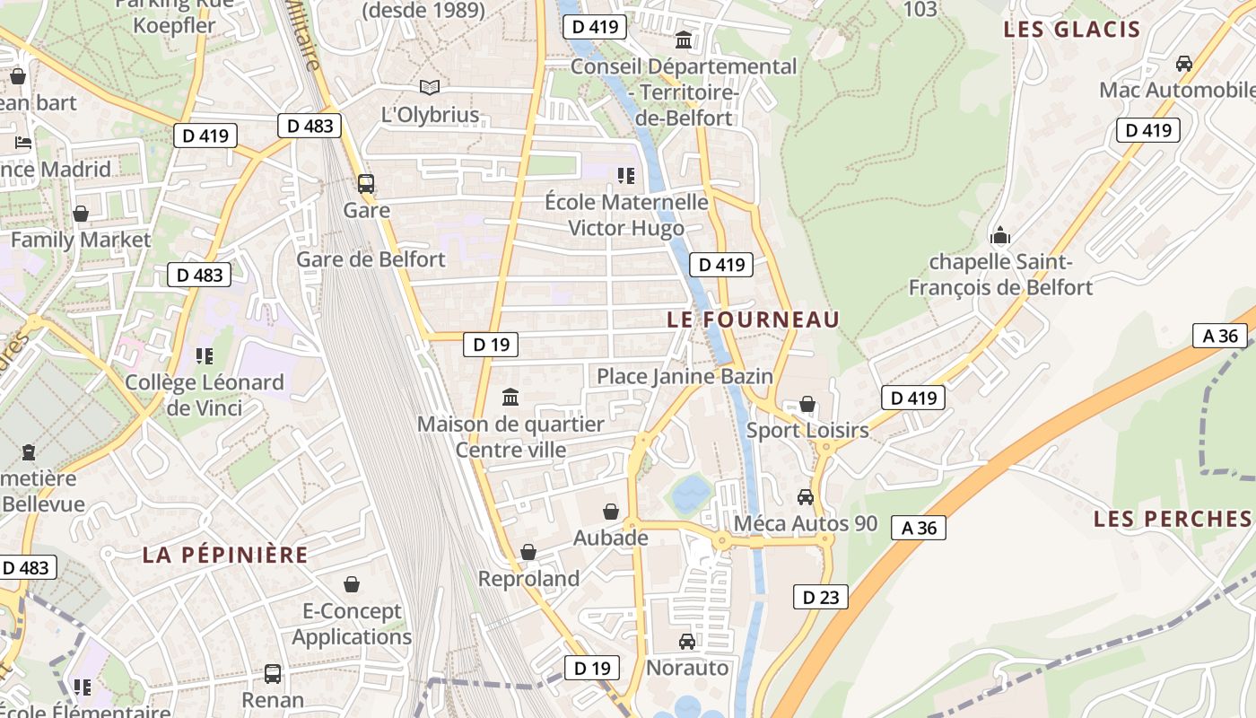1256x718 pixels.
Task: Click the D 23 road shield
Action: point(820,597)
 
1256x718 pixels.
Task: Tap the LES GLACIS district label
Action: point(1071,30)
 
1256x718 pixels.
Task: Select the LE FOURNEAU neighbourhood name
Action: point(754,320)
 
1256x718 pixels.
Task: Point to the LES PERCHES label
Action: point(1172,519)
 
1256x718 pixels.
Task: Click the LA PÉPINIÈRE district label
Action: point(225,555)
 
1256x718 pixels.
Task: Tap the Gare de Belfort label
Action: point(371,260)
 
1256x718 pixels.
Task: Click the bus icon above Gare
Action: point(366,184)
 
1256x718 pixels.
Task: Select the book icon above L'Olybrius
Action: point(430,87)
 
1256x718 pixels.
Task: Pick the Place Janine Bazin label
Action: point(685,376)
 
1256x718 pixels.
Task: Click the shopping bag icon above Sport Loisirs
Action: point(807,405)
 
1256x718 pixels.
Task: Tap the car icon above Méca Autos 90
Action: point(806,497)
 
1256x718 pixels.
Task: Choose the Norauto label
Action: point(687,668)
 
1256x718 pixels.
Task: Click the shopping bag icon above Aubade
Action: point(611,512)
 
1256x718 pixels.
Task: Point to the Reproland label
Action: point(528,579)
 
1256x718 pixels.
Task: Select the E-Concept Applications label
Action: point(352,624)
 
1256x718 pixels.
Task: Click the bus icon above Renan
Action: point(273,673)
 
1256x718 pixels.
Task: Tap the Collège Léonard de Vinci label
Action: point(205,395)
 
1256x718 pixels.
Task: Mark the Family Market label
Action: point(81,240)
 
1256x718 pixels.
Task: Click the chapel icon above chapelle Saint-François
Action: point(999,236)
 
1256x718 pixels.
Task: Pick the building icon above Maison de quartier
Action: point(510,397)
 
